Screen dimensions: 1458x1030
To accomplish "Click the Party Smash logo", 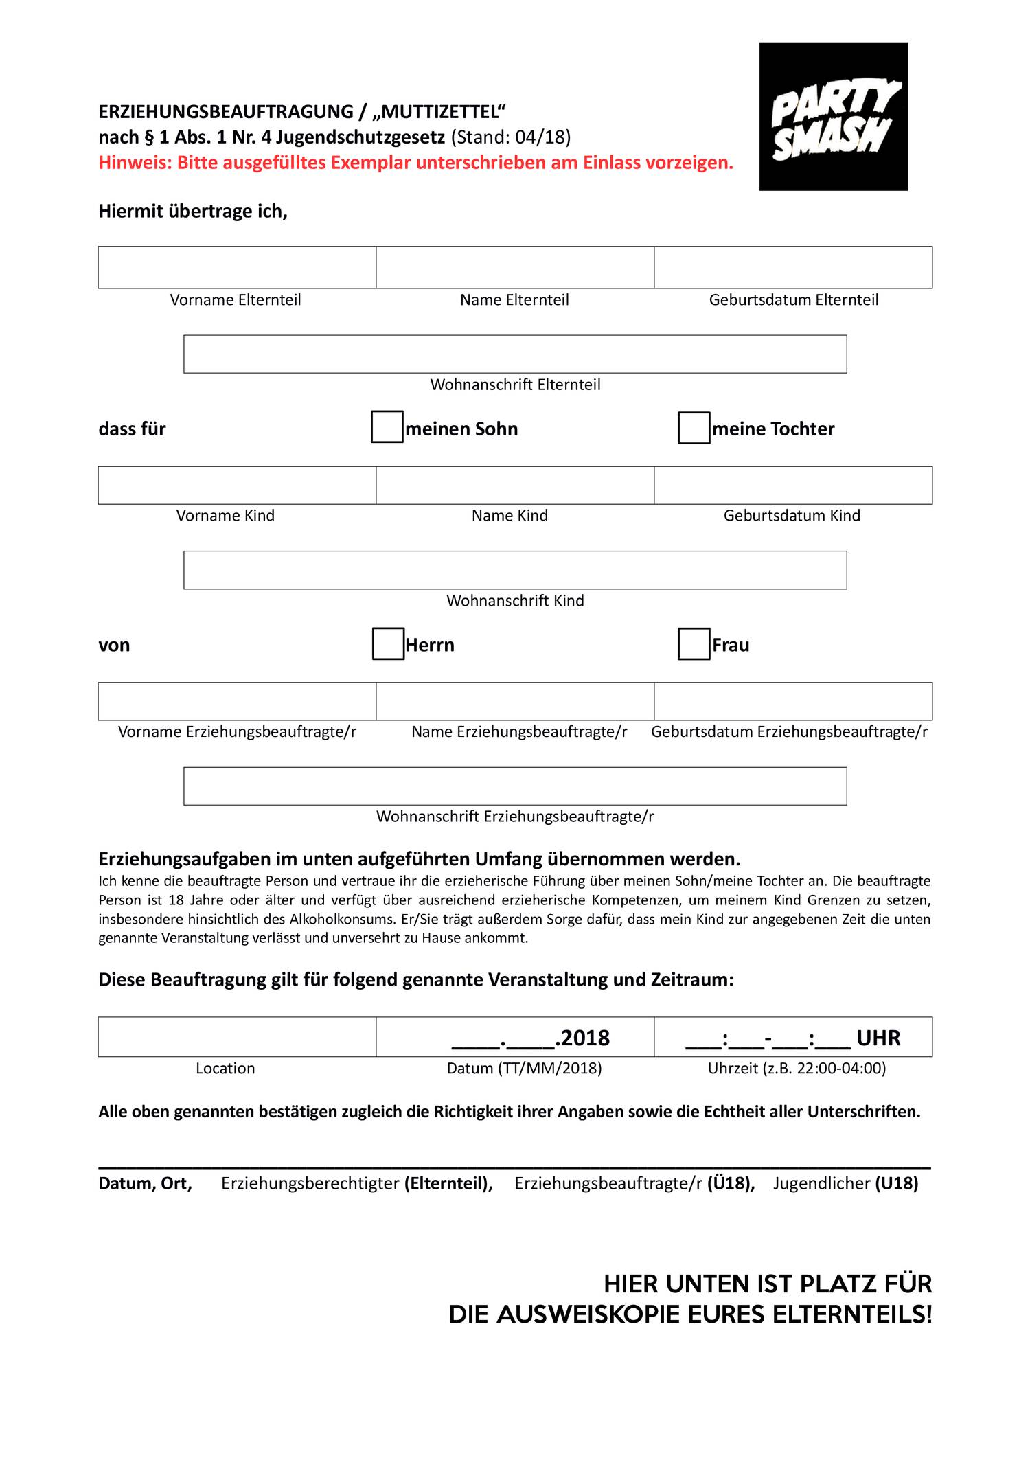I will coord(833,116).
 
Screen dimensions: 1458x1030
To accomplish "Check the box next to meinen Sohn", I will coord(387,427).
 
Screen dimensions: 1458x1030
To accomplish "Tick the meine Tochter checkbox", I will coord(694,427).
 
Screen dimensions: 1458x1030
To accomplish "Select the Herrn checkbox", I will coord(388,643).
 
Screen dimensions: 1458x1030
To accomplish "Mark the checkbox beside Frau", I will coord(694,643).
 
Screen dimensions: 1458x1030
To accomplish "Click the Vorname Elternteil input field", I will coord(237,267).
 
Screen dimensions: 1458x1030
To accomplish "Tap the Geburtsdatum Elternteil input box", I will coord(793,267).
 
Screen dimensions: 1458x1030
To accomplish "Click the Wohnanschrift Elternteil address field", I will coord(515,354).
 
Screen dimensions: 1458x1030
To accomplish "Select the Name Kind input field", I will coord(515,486).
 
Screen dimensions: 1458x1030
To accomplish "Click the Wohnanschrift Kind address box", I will coord(515,570).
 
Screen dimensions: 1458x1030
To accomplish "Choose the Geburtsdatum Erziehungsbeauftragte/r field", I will coord(793,701).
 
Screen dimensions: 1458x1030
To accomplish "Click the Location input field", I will coord(237,1036).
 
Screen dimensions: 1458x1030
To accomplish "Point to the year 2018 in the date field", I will coord(585,1038).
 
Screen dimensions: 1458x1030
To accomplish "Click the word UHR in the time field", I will coord(878,1038).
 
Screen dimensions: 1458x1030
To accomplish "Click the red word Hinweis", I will coord(134,163).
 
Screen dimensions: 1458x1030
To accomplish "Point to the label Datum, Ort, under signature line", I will coord(145,1183).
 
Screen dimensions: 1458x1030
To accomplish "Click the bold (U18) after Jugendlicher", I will coord(896,1183).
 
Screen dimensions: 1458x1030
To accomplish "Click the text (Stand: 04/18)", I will coord(511,137).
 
